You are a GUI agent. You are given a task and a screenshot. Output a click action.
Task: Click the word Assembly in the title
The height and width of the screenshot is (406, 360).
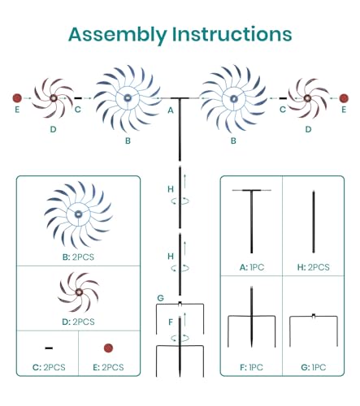(x=118, y=35)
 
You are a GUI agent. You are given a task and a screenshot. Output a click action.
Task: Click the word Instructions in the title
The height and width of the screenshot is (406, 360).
(x=232, y=34)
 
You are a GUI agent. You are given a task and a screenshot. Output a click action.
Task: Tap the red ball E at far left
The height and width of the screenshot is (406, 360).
(x=17, y=98)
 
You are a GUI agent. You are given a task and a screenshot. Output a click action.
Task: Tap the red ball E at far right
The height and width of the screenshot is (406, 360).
(x=344, y=98)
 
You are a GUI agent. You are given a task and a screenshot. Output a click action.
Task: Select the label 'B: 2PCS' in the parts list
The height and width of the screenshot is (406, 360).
(x=78, y=257)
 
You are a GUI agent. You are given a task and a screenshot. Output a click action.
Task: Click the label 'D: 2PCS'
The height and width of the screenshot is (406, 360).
(x=78, y=322)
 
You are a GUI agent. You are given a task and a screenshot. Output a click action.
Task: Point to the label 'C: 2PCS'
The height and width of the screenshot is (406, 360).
(x=49, y=367)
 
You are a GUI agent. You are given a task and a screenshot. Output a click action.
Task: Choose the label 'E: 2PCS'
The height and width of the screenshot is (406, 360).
(x=108, y=367)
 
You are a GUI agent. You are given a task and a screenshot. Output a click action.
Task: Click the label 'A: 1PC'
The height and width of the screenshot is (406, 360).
(x=252, y=267)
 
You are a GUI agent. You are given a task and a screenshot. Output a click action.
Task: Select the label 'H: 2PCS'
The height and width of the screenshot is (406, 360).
(x=314, y=267)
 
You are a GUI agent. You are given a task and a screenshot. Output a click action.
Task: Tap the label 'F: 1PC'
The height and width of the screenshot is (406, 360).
(x=251, y=367)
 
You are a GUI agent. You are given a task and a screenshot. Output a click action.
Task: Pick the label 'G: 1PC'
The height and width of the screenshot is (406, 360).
(x=314, y=367)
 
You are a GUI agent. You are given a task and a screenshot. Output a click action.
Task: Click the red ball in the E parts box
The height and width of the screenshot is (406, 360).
(x=108, y=348)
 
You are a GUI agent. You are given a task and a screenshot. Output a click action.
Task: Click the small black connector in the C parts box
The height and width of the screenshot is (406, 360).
(x=49, y=348)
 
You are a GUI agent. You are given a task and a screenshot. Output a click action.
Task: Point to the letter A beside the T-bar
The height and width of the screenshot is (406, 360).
(x=171, y=110)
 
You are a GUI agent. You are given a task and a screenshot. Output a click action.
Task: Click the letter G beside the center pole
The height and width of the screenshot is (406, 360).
(x=160, y=298)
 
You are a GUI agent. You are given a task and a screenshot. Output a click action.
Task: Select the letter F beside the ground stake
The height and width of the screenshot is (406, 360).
(x=171, y=322)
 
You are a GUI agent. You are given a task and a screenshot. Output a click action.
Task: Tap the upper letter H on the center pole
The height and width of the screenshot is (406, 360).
(x=171, y=189)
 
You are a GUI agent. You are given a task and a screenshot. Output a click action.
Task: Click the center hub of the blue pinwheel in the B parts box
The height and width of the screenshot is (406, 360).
(x=78, y=214)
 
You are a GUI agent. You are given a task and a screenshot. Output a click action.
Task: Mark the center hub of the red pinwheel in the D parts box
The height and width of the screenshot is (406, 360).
(x=79, y=292)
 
